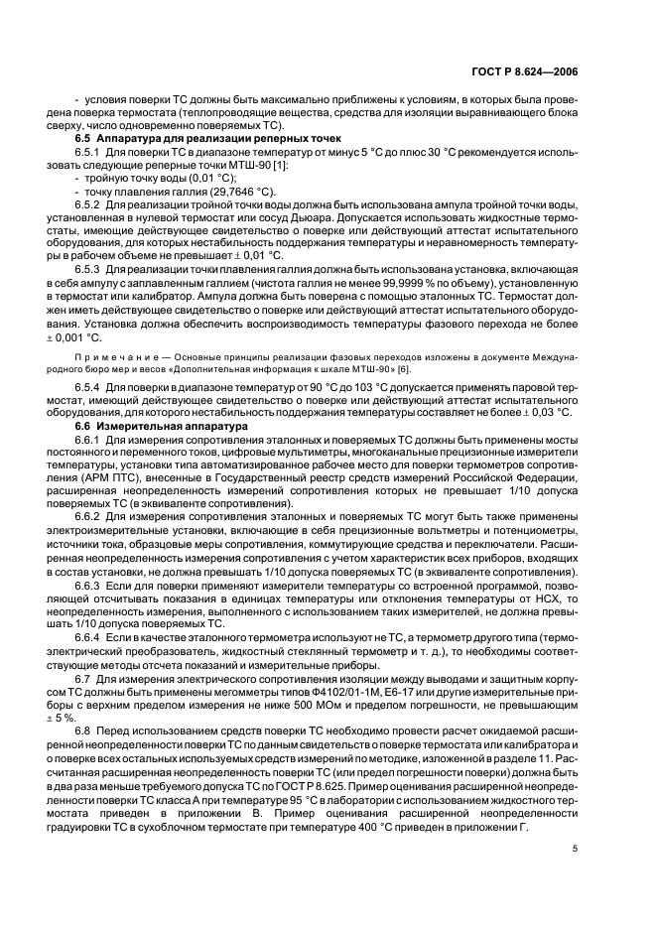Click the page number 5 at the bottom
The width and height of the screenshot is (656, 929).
[575, 848]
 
